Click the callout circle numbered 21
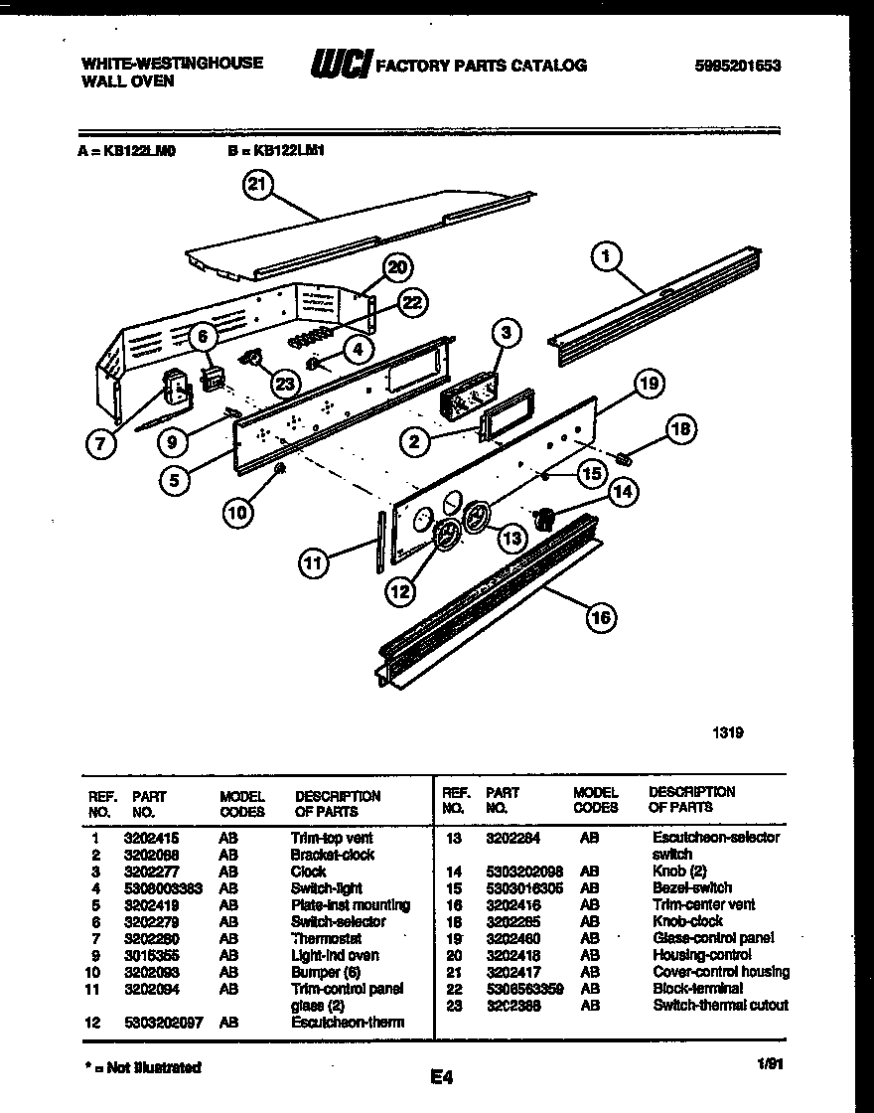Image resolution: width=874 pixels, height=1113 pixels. pos(258,186)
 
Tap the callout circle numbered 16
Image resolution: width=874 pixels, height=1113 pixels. pos(600,618)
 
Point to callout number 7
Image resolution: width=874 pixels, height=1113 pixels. pos(99,444)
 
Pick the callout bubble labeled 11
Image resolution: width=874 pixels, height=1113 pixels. pos(315,563)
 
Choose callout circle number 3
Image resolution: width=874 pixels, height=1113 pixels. pos(506,333)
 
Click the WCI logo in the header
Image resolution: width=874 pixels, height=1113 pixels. pos(342,66)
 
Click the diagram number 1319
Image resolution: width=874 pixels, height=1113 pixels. pos(728,733)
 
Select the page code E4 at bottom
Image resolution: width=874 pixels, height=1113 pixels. pos(442,1075)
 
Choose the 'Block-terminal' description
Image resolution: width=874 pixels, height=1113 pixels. pos(697,988)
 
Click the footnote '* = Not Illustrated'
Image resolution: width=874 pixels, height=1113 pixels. pos(143,1067)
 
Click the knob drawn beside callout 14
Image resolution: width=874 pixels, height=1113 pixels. pos(543,517)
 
